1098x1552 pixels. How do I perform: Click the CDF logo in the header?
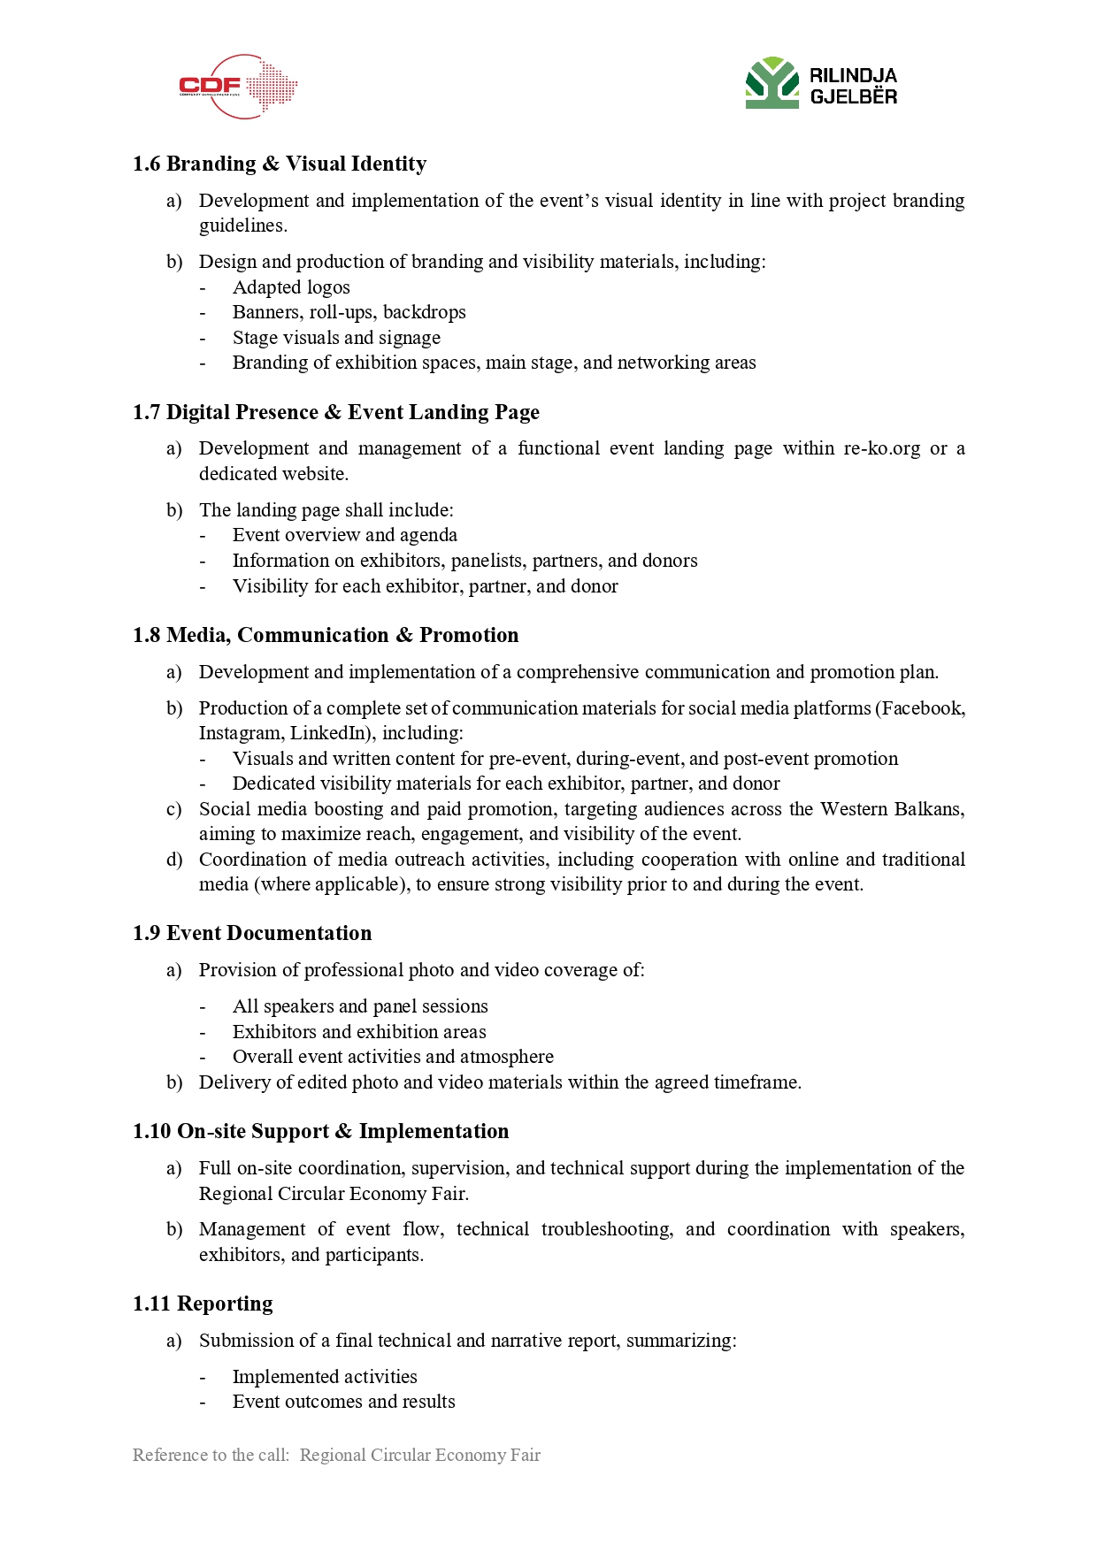(x=237, y=86)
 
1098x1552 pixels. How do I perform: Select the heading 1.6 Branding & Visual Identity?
(x=280, y=164)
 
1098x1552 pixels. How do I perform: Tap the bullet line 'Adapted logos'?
(x=291, y=287)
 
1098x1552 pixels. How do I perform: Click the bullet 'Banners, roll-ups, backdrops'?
(x=349, y=312)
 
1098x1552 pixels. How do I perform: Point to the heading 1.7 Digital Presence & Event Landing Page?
(x=335, y=412)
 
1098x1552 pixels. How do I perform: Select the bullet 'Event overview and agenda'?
(x=344, y=535)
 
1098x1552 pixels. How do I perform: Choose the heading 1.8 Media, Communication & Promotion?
(x=326, y=635)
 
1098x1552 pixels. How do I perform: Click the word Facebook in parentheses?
(x=921, y=708)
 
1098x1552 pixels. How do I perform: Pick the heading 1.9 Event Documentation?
(x=252, y=933)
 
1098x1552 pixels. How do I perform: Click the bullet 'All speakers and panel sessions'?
(x=360, y=1006)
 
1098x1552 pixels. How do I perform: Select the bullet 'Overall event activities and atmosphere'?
(x=393, y=1057)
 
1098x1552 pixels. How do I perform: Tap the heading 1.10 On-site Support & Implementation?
(x=321, y=1131)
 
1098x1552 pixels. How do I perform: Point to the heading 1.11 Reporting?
(x=203, y=1304)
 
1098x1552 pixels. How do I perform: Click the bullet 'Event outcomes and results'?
(x=343, y=1402)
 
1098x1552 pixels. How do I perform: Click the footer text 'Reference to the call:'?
(x=211, y=1455)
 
